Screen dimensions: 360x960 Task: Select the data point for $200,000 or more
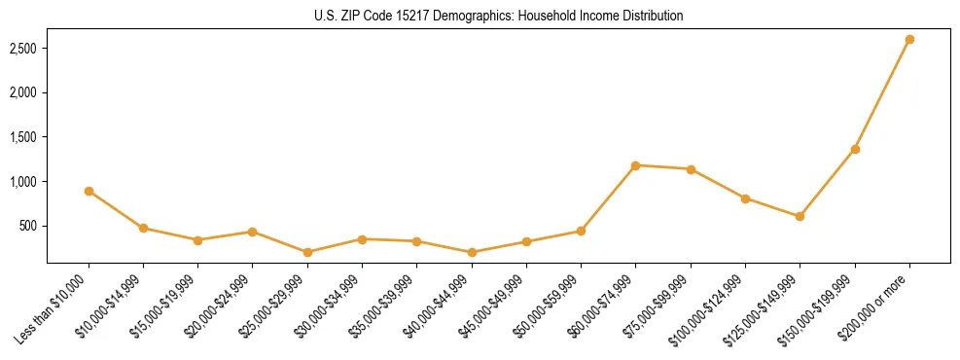coord(909,40)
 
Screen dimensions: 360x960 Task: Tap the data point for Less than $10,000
coord(89,191)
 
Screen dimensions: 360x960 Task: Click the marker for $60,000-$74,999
coord(636,165)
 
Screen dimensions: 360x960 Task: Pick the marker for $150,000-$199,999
coord(855,149)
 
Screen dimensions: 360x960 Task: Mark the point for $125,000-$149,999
coord(800,216)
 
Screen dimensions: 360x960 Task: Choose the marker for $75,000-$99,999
coord(691,169)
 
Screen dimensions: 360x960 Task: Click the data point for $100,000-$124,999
coord(745,198)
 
